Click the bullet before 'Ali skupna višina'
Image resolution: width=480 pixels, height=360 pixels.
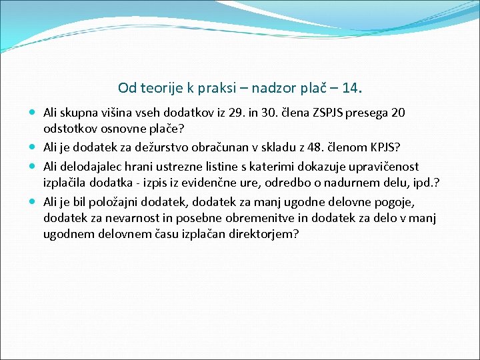pyautogui.click(x=33, y=113)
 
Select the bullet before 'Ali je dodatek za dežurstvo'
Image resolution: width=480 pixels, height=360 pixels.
pyautogui.click(x=33, y=147)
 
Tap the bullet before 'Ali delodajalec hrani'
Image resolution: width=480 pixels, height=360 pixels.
pyautogui.click(x=33, y=165)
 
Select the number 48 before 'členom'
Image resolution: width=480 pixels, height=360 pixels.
pyautogui.click(x=317, y=148)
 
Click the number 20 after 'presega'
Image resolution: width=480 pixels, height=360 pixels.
pyautogui.click(x=398, y=113)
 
